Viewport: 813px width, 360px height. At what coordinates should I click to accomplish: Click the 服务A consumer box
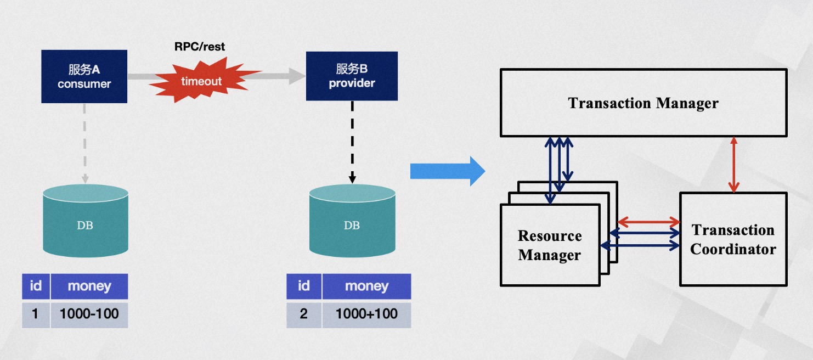[x=84, y=76]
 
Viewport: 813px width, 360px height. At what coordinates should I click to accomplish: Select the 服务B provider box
[x=352, y=76]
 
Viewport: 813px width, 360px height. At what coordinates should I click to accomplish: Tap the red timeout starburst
[x=201, y=81]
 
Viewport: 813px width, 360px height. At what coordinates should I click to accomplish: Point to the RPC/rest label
[x=200, y=47]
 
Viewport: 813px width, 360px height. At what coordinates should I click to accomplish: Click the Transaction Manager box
[x=643, y=103]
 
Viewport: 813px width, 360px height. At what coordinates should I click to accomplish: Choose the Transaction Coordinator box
[x=733, y=239]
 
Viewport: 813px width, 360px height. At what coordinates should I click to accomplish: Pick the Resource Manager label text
[x=549, y=245]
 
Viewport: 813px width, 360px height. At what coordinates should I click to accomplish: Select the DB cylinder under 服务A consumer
[x=85, y=221]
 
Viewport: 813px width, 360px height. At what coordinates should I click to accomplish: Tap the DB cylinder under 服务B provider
[x=352, y=221]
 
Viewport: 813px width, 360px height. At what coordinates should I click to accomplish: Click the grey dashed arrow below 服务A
[x=85, y=143]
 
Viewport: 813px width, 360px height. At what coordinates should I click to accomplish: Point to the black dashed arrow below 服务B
[x=352, y=142]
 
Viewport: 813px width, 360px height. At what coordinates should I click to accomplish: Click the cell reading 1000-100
[x=89, y=314]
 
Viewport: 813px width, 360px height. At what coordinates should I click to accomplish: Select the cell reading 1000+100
[x=366, y=314]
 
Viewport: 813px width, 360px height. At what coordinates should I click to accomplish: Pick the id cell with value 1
[x=36, y=314]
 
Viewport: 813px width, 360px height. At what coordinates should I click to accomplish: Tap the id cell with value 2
[x=304, y=314]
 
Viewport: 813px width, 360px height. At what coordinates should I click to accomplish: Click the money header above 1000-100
[x=89, y=286]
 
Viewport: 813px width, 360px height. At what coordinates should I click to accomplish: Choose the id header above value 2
[x=304, y=286]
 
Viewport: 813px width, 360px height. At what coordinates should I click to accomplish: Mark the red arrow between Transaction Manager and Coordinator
[x=733, y=164]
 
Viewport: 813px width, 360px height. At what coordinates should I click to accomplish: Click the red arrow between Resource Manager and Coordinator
[x=648, y=222]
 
